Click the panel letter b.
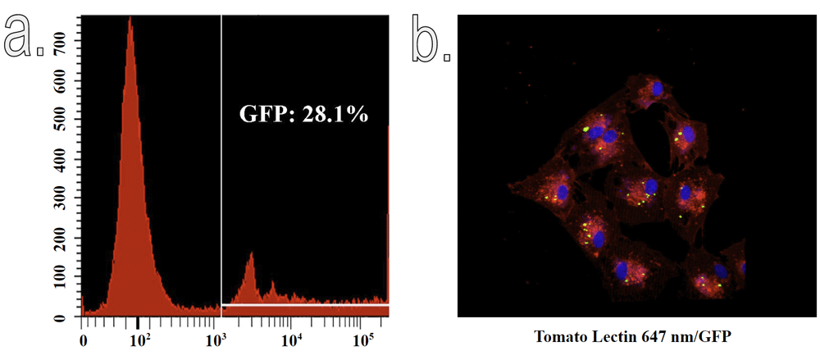click(430, 39)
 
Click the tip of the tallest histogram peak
click(130, 18)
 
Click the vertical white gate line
click(222, 164)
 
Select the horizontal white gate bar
click(303, 305)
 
